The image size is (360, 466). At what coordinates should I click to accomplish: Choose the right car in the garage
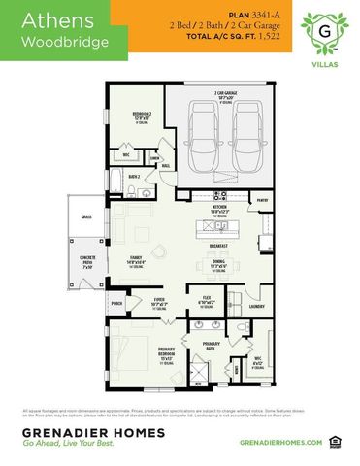pos(245,126)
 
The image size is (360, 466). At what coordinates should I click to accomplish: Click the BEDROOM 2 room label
pos(140,116)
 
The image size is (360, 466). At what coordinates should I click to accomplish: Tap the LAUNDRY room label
pos(255,307)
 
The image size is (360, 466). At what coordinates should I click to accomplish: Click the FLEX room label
pos(207,300)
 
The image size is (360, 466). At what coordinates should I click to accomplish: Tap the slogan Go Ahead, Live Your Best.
pos(72,444)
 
